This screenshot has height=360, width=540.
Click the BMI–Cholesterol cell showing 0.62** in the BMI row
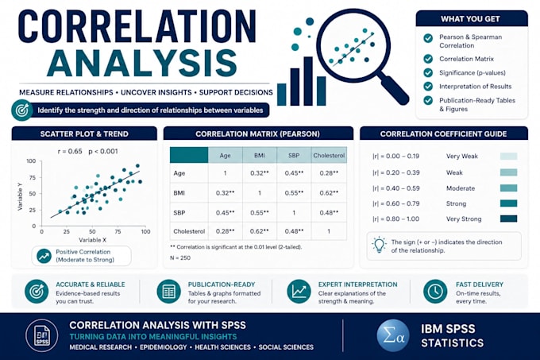pyautogui.click(x=329, y=193)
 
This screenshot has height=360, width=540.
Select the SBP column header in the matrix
pyautogui.click(x=294, y=156)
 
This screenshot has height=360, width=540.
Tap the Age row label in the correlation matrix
pyautogui.click(x=179, y=173)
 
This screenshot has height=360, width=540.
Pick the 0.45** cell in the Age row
pyautogui.click(x=294, y=173)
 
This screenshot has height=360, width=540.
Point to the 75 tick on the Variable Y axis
pyautogui.click(x=33, y=177)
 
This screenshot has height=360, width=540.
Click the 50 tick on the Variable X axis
pyautogui.click(x=92, y=231)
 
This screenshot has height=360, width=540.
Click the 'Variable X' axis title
pyautogui.click(x=92, y=240)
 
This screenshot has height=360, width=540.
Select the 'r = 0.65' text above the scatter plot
pyautogui.click(x=70, y=151)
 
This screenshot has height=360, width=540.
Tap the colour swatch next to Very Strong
pyautogui.click(x=509, y=219)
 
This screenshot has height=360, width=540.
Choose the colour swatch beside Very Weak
pyautogui.click(x=509, y=156)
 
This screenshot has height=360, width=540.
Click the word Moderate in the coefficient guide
pyautogui.click(x=461, y=188)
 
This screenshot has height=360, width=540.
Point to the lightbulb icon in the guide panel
pyautogui.click(x=379, y=245)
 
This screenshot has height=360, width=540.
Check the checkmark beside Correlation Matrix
pyautogui.click(x=428, y=59)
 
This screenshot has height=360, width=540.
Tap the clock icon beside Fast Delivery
pyautogui.click(x=435, y=292)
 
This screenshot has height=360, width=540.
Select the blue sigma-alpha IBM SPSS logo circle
pyautogui.click(x=393, y=336)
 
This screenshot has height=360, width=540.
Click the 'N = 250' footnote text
pyautogui.click(x=180, y=257)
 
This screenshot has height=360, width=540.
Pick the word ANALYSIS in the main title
pyautogui.click(x=142, y=63)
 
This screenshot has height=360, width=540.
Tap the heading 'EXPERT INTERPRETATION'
pyautogui.click(x=357, y=285)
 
